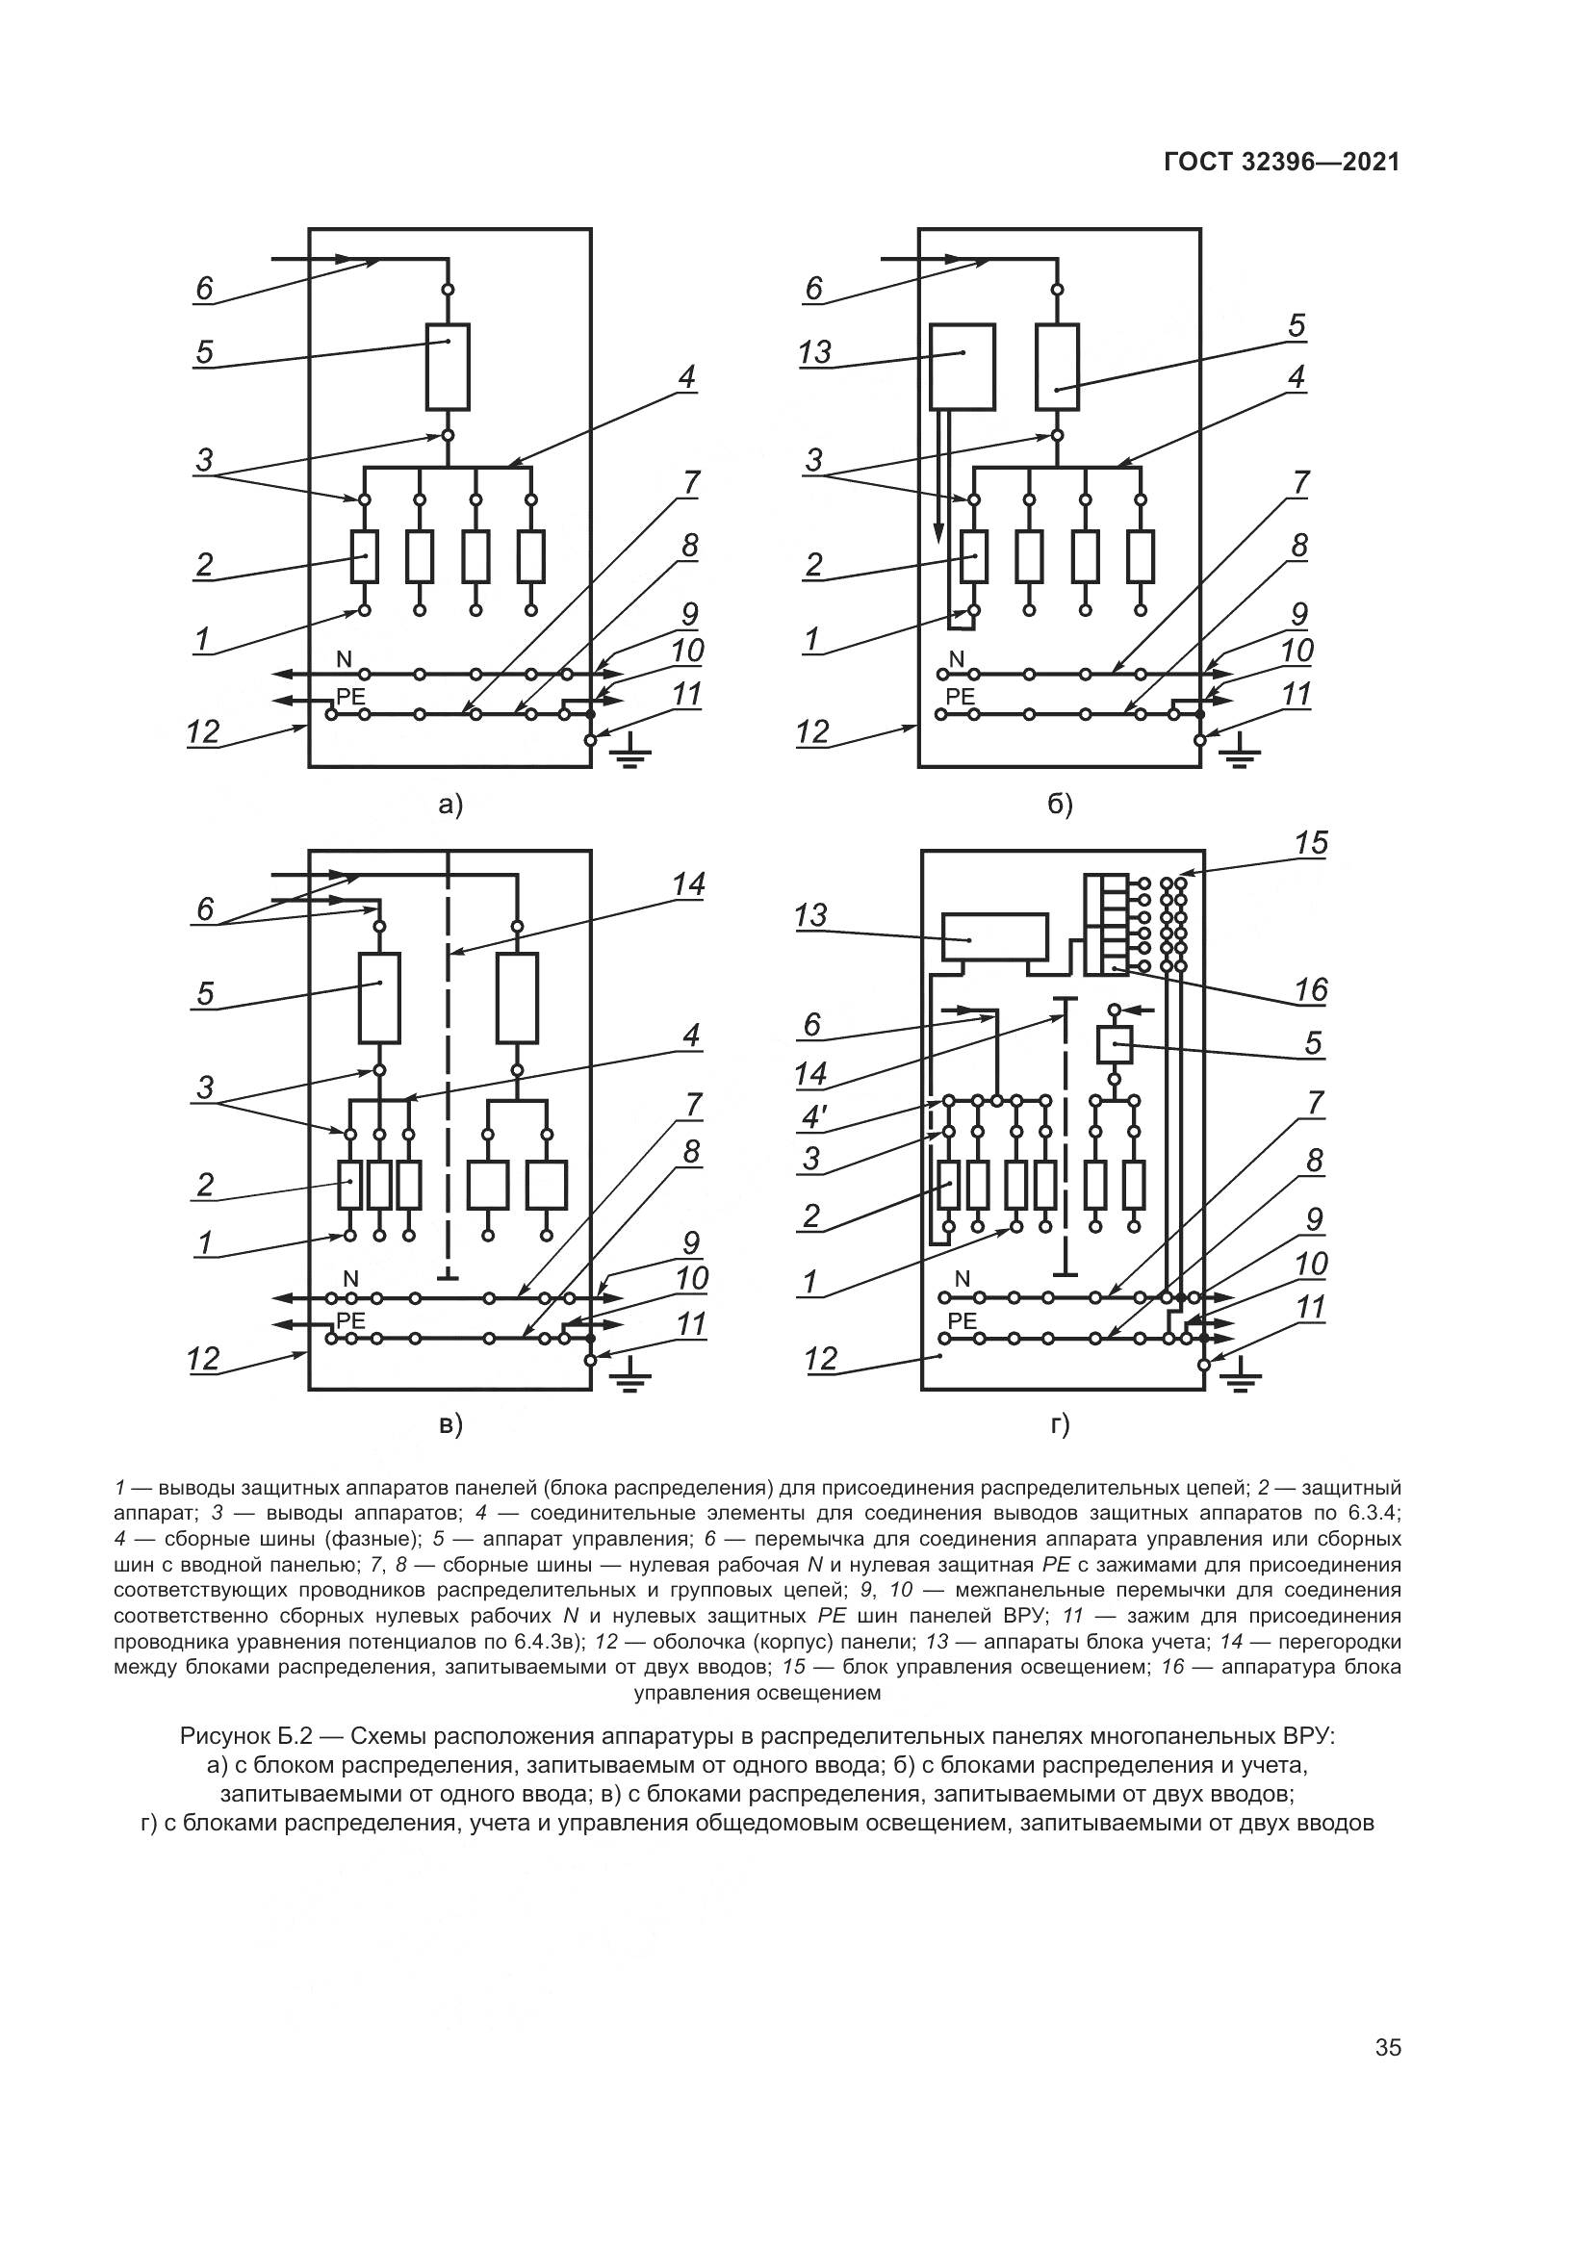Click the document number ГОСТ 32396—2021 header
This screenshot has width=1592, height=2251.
[1281, 163]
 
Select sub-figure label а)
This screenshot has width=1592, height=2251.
[449, 805]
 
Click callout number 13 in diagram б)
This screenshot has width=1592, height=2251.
[814, 352]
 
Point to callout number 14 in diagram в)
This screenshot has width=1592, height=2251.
[689, 885]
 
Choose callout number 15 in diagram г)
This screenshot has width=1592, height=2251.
[1311, 843]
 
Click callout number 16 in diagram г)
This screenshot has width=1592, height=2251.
[1311, 990]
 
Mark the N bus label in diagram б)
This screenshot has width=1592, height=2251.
[957, 658]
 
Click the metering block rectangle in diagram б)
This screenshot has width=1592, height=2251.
[963, 366]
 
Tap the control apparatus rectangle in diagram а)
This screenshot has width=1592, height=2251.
[448, 366]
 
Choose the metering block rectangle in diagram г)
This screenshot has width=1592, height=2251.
[994, 938]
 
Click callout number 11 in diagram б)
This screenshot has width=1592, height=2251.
[1297, 695]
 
